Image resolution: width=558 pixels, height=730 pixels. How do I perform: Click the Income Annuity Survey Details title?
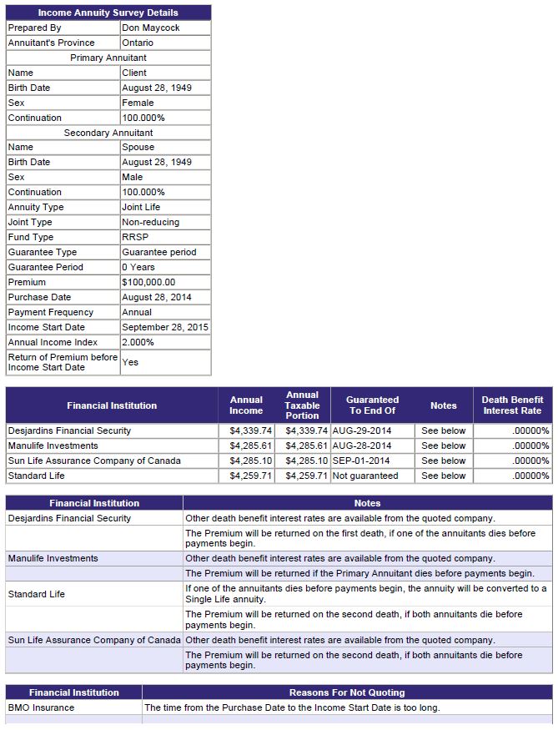(108, 13)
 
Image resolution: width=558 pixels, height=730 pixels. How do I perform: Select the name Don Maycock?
(150, 28)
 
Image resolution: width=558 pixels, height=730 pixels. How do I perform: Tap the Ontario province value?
(138, 43)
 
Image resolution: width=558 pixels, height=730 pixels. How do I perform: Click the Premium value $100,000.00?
(148, 282)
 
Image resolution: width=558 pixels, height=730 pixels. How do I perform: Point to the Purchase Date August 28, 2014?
(156, 297)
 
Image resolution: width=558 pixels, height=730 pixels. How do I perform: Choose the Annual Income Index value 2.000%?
(138, 342)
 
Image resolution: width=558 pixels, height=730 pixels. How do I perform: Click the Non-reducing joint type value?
(150, 222)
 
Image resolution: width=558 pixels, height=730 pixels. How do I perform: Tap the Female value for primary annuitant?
(138, 103)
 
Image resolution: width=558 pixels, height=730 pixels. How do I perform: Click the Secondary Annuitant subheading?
(108, 133)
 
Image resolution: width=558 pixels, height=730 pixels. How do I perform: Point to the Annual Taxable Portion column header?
(302, 405)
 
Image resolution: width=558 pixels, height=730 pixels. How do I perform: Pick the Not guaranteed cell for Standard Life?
(364, 476)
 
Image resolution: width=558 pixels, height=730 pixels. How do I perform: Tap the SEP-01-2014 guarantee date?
(360, 461)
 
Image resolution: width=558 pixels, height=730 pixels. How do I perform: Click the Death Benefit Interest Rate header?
(512, 405)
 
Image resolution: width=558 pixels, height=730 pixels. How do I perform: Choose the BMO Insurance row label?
(41, 707)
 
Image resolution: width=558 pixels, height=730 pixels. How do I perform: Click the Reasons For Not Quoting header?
(347, 692)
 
